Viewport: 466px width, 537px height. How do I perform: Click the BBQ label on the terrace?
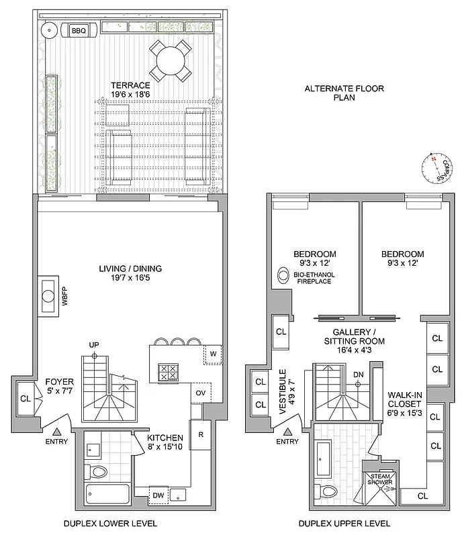click(71, 30)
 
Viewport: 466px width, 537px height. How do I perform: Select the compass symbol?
click(435, 168)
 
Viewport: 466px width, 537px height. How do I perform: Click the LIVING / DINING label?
click(128, 268)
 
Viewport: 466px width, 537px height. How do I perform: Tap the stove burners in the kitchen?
click(166, 372)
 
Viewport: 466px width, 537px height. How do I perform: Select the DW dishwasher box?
click(158, 495)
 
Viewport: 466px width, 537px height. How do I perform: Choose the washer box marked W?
click(212, 353)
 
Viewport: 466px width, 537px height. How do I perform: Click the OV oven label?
click(200, 393)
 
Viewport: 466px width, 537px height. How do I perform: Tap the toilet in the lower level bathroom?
click(98, 472)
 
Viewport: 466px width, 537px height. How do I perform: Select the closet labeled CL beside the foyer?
click(26, 397)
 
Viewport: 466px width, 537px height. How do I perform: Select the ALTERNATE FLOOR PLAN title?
click(333, 93)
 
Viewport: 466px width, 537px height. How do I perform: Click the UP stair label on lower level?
click(94, 344)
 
